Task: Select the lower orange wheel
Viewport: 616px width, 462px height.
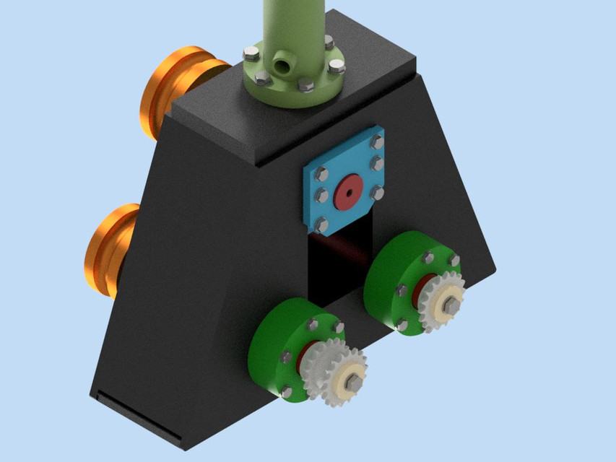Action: tap(108, 249)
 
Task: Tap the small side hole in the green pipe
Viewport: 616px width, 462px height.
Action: tap(283, 67)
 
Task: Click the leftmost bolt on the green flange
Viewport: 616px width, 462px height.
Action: tap(251, 53)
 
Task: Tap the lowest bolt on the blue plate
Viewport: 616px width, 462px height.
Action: tap(322, 226)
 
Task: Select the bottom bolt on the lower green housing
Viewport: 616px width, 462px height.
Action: tap(287, 392)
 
